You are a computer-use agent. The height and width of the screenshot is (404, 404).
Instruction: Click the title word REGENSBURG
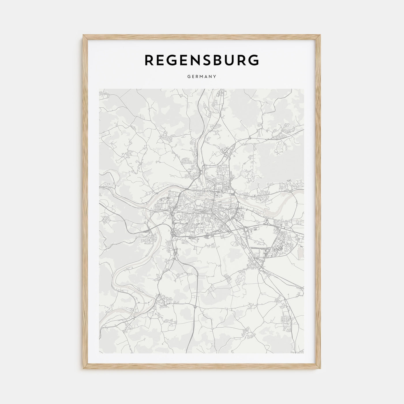click(x=202, y=60)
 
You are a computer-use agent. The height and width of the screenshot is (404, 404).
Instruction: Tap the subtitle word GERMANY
click(x=202, y=77)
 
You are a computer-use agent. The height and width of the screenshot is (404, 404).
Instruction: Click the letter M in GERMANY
click(x=202, y=77)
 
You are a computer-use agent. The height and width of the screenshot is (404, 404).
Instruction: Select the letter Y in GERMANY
click(x=215, y=77)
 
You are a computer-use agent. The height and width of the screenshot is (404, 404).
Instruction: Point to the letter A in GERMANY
click(x=207, y=77)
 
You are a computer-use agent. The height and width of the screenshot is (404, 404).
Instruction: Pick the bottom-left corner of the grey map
click(x=99, y=353)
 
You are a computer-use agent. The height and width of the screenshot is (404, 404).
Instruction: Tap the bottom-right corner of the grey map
click(x=304, y=353)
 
